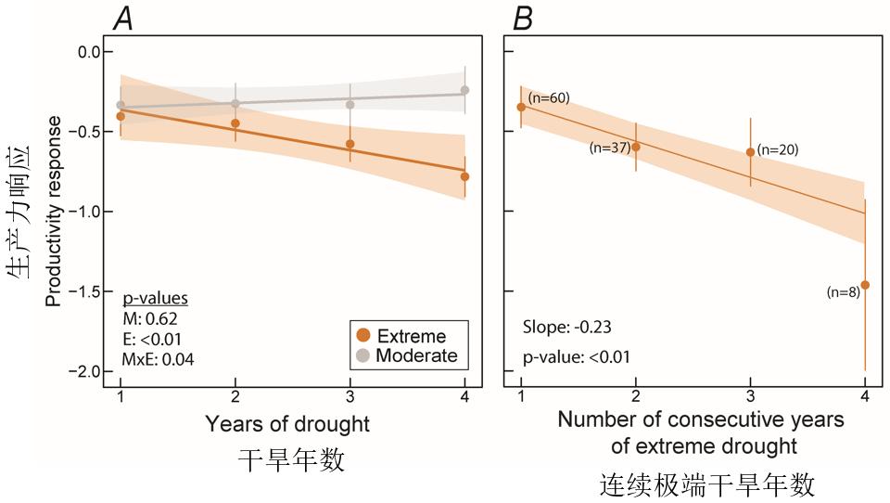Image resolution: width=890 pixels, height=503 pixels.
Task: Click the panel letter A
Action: pyautogui.click(x=122, y=17)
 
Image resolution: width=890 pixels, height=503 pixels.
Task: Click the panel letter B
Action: pyautogui.click(x=523, y=17)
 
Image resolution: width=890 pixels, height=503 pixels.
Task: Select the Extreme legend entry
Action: pyautogui.click(x=402, y=336)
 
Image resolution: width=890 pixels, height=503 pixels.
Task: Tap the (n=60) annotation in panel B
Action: pyautogui.click(x=548, y=97)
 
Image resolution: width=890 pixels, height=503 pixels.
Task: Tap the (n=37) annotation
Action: pyautogui.click(x=610, y=147)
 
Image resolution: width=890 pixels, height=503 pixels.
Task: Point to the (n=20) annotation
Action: pyautogui.click(x=778, y=149)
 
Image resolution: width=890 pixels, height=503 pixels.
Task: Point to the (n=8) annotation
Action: pyautogui.click(x=842, y=292)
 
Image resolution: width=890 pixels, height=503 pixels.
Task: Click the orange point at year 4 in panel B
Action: pyautogui.click(x=865, y=285)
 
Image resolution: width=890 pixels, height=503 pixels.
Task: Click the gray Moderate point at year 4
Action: pyautogui.click(x=464, y=90)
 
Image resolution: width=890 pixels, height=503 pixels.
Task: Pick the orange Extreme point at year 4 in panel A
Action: pyautogui.click(x=464, y=176)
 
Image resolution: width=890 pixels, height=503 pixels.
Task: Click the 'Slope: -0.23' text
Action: pyautogui.click(x=565, y=328)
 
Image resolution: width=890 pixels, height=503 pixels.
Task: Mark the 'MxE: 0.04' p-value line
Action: pyautogui.click(x=159, y=358)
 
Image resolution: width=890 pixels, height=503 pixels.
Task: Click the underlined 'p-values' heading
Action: pyautogui.click(x=156, y=299)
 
